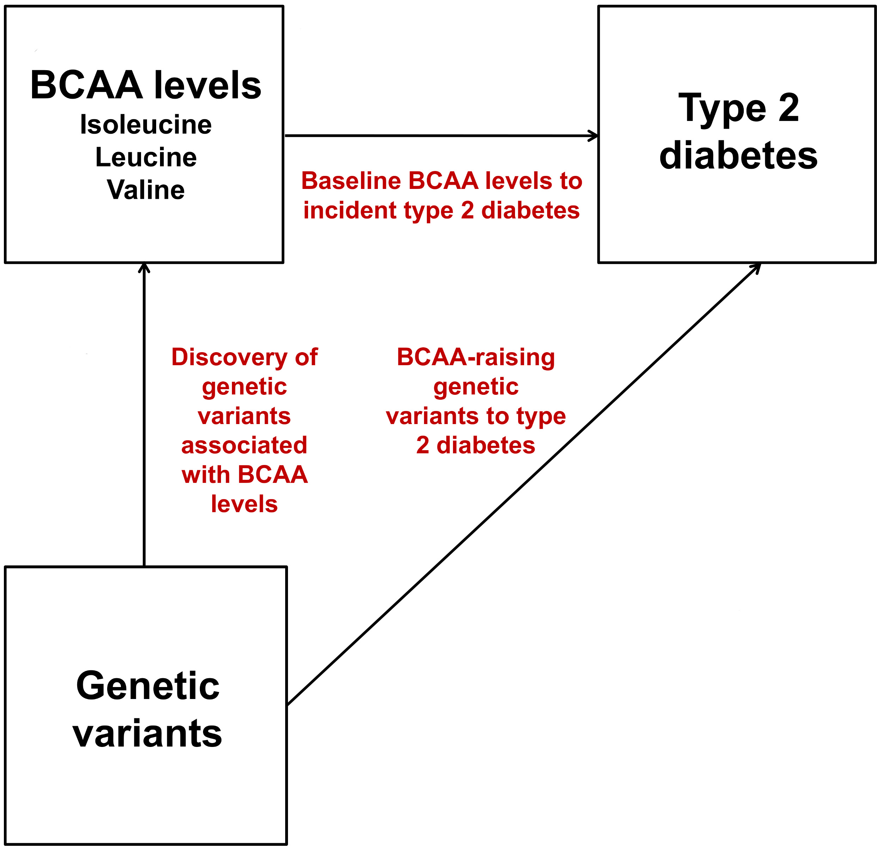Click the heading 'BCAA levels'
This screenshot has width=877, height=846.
click(146, 85)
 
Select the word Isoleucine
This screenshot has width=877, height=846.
click(146, 124)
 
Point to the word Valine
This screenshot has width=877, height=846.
click(146, 190)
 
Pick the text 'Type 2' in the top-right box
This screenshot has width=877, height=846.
click(738, 108)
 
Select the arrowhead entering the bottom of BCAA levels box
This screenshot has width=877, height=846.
click(144, 268)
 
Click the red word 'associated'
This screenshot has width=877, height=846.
click(244, 445)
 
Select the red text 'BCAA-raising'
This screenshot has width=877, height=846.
click(476, 357)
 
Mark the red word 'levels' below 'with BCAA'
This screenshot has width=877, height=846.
click(244, 504)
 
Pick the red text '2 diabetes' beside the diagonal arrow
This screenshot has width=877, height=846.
click(476, 445)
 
